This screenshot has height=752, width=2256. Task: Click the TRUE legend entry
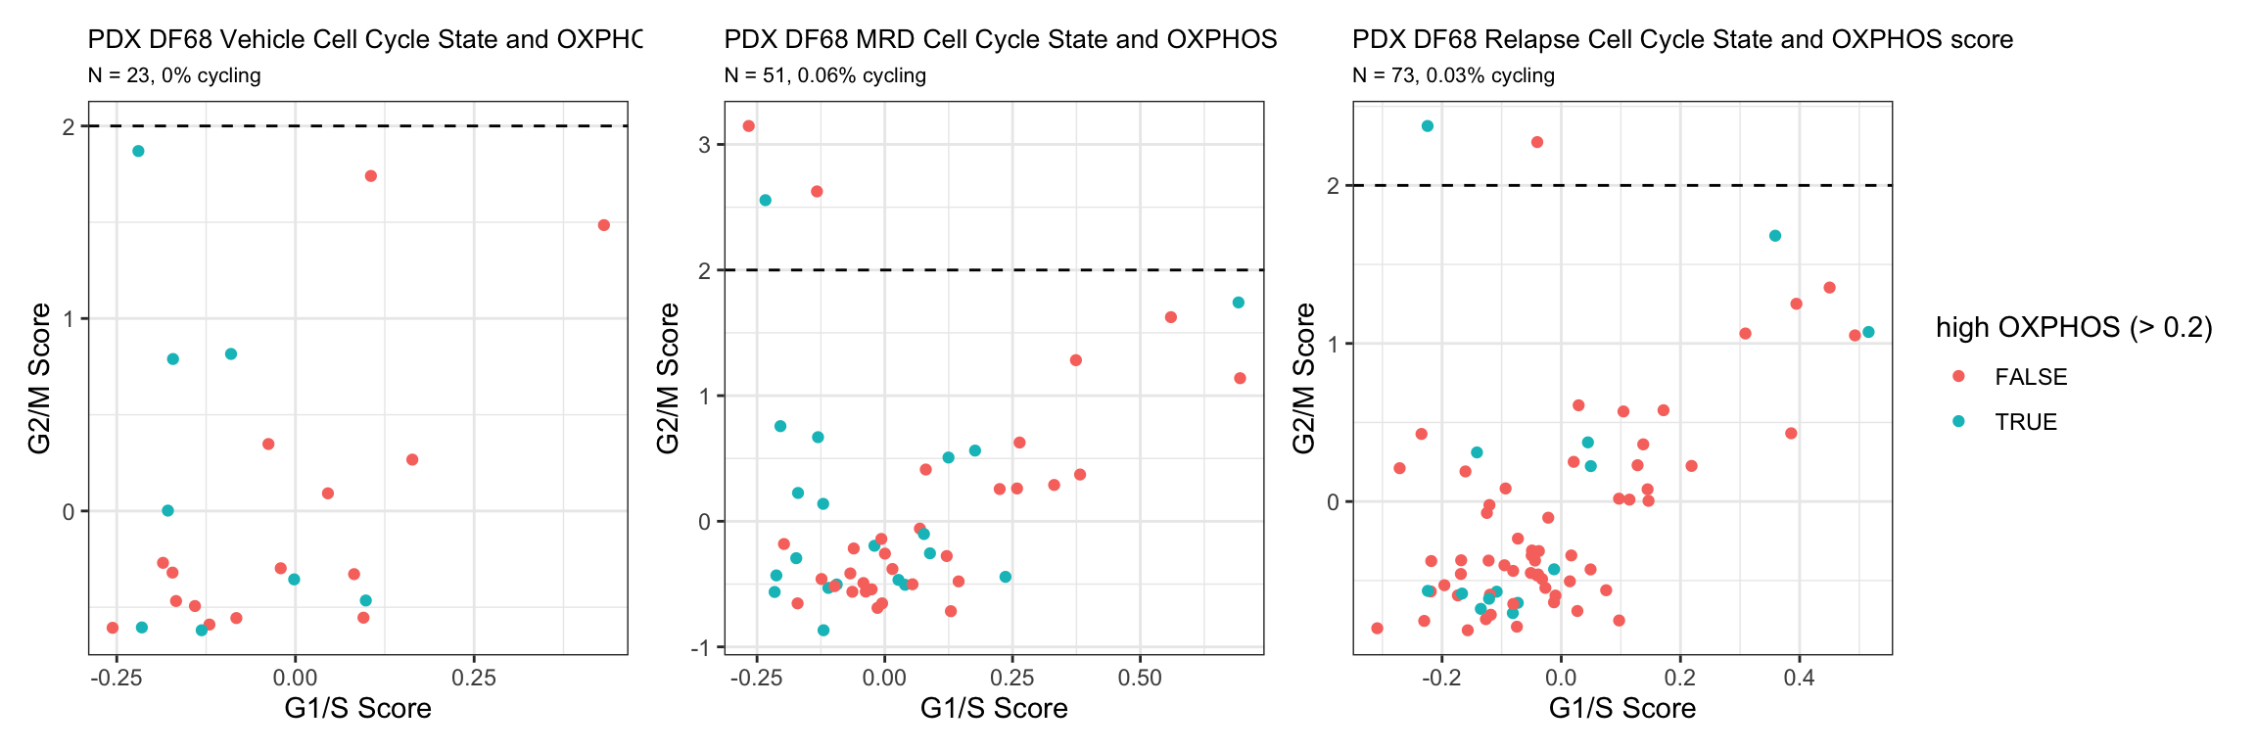pos(2025,422)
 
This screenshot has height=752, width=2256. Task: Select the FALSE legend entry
pos(2030,377)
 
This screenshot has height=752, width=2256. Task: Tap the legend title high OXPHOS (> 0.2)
pos(2074,328)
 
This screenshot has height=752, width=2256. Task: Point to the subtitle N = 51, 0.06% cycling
pos(824,75)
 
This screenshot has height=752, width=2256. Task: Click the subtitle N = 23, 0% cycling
pos(174,75)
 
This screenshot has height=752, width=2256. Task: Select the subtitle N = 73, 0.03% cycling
pos(1453,75)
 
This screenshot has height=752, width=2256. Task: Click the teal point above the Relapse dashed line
pos(1428,126)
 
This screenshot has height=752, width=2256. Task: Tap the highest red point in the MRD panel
pos(749,126)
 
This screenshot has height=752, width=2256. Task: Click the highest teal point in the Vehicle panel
pos(138,151)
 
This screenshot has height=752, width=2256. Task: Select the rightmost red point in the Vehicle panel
pos(604,225)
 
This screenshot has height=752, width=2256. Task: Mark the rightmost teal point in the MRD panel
pos(1239,303)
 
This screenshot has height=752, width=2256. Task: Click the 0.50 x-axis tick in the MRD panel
pos(1140,678)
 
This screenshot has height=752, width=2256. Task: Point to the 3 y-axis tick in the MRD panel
pos(704,145)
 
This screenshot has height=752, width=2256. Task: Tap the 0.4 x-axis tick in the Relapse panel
pos(1800,678)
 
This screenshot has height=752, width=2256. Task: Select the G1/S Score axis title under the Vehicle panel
pos(357,708)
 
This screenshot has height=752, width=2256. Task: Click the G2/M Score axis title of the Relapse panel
pos(1304,378)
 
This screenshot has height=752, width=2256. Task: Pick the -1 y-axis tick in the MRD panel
pos(701,647)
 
